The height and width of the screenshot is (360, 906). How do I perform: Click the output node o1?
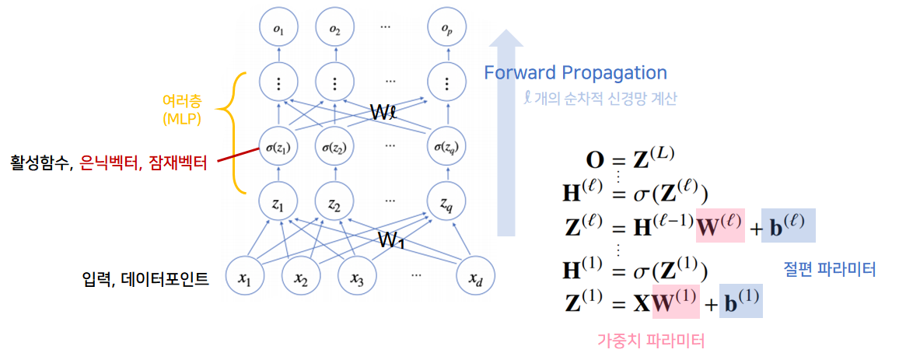278,29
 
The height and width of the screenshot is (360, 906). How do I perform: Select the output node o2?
334,29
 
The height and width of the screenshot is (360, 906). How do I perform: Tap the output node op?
446,29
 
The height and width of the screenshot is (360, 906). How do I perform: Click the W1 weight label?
392,239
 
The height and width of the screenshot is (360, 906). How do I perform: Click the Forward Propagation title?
575,73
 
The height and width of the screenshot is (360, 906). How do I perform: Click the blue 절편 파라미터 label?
830,269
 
